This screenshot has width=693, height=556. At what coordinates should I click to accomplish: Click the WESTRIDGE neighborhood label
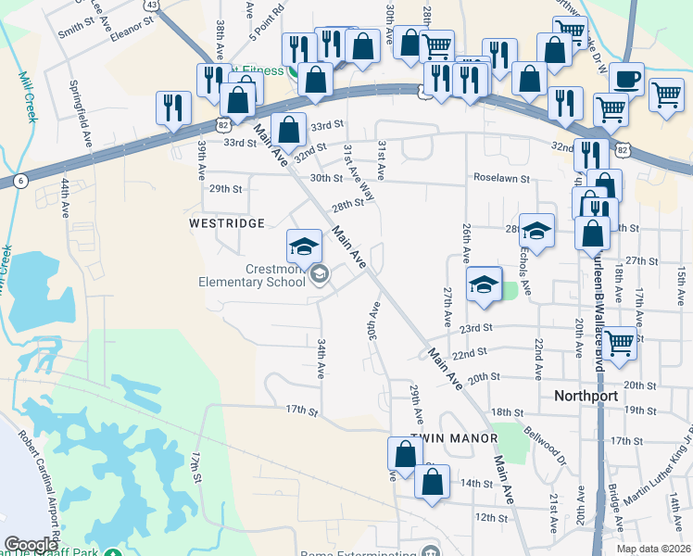[x=227, y=223]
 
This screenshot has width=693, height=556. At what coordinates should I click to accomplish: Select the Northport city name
[x=586, y=395]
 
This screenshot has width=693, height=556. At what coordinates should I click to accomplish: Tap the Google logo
[x=31, y=545]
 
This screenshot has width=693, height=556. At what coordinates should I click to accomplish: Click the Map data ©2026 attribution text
[x=653, y=549]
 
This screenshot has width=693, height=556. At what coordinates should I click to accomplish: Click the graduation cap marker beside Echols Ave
[x=536, y=230]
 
